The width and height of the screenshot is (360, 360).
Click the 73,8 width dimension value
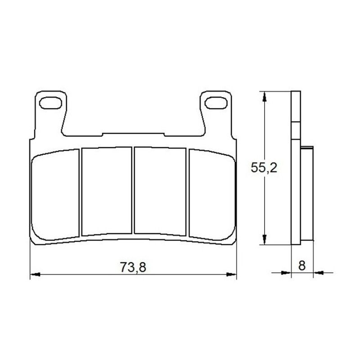133,267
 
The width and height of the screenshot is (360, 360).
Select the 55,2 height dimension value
264,167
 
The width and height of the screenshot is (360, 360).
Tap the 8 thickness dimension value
302,265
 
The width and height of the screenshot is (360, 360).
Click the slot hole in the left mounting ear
50,103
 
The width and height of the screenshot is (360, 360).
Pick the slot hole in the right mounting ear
216,103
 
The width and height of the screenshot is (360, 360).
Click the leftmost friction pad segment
55,195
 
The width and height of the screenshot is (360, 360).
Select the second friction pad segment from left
107,191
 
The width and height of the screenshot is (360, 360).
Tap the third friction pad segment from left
160,191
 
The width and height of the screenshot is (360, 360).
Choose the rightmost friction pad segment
212,195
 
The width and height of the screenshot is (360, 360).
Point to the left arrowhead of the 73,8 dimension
35,274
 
